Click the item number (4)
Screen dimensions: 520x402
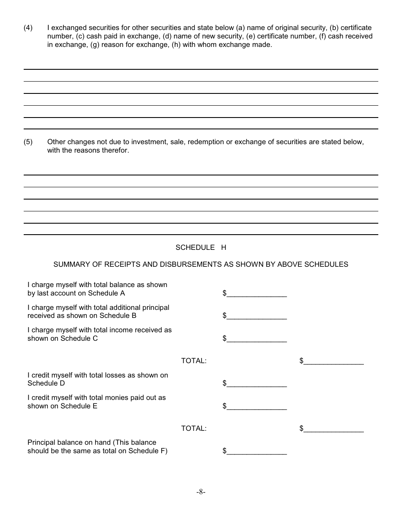click(28, 28)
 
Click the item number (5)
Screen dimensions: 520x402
click(28, 142)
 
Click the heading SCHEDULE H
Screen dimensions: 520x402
click(201, 248)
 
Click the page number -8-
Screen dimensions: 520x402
click(201, 492)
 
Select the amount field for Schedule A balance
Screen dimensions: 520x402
click(257, 293)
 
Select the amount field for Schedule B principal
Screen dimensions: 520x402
click(257, 316)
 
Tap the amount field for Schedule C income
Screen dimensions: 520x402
click(257, 338)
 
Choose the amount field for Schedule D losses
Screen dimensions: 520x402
click(257, 383)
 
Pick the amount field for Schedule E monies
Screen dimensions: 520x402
click(257, 406)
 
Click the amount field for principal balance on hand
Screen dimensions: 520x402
click(257, 451)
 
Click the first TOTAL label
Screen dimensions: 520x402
click(194, 361)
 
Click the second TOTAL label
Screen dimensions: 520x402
click(194, 429)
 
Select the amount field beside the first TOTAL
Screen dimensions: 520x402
click(333, 361)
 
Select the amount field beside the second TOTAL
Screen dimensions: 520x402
click(333, 429)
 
